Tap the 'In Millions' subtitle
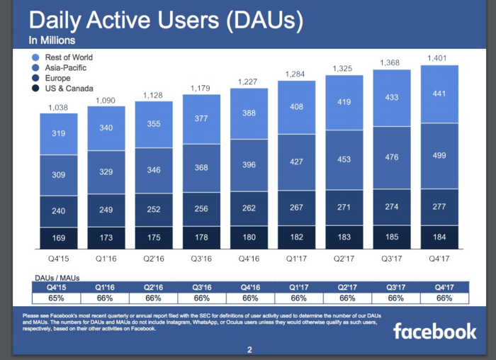(x=52, y=41)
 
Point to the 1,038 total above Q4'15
(x=58, y=108)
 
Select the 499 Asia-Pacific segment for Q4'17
(x=439, y=156)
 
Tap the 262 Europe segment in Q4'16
(x=249, y=208)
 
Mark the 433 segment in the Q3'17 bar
(x=392, y=97)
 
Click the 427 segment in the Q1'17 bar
(x=296, y=162)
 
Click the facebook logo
(x=434, y=330)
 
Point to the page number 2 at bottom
(x=249, y=349)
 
